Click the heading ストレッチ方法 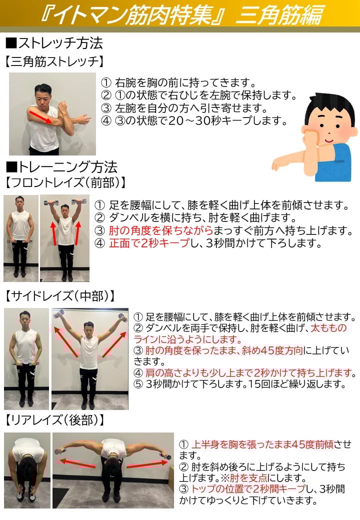click(54, 43)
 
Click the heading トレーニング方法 click(61, 167)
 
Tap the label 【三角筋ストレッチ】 click(54, 61)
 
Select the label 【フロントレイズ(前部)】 click(65, 182)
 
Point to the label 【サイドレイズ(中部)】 click(60, 296)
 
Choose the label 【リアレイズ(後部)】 click(54, 420)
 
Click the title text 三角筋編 click(279, 15)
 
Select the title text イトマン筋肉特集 click(133, 15)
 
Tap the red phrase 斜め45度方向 click(272, 350)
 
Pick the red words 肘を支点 click(248, 478)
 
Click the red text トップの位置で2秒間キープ click(248, 489)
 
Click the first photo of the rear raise click(27, 470)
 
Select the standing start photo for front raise click(21, 238)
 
